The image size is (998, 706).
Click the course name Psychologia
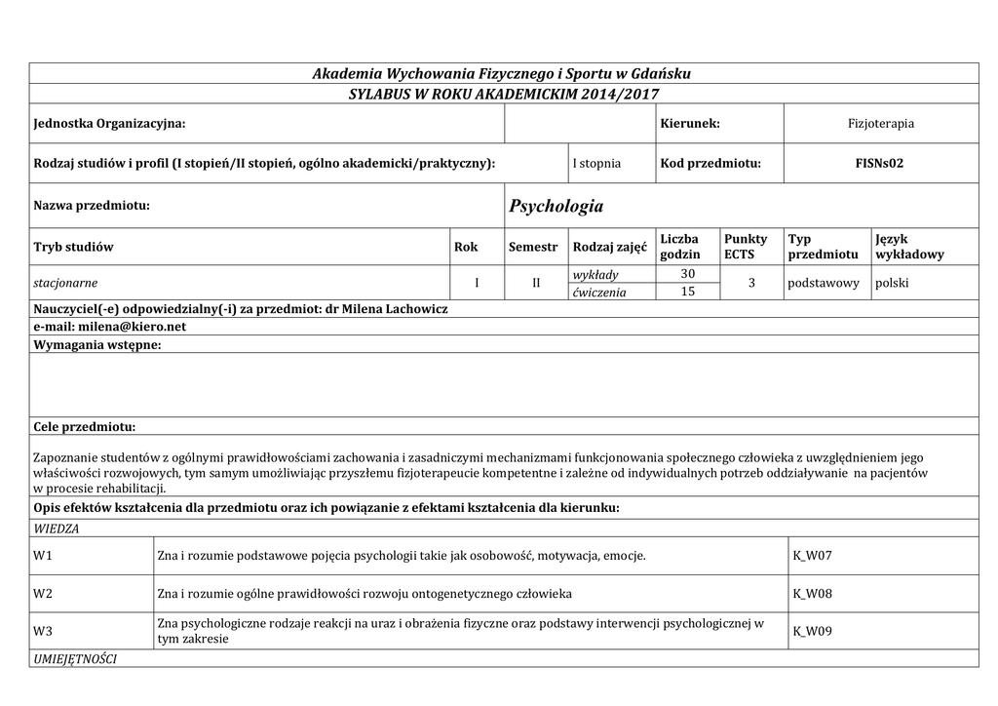(x=556, y=206)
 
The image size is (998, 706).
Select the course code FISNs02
(x=880, y=163)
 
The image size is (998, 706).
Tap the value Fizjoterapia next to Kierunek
(x=880, y=124)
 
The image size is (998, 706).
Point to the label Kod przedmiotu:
(x=710, y=163)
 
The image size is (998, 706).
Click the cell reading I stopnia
(x=596, y=163)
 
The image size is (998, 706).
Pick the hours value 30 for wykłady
(x=686, y=274)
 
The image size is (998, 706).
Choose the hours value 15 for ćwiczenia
(x=686, y=292)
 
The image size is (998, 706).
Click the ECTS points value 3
(x=750, y=283)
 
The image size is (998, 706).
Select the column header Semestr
(x=533, y=247)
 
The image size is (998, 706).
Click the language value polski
(x=892, y=283)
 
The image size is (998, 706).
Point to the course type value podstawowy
(x=824, y=283)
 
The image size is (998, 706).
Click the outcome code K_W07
(x=813, y=556)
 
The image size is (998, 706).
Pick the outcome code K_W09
(x=813, y=631)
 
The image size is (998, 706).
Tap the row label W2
(x=42, y=593)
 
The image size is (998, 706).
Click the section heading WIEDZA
(x=57, y=528)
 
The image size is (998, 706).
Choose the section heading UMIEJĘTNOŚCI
(x=75, y=659)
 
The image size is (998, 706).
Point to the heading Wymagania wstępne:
(x=97, y=344)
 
